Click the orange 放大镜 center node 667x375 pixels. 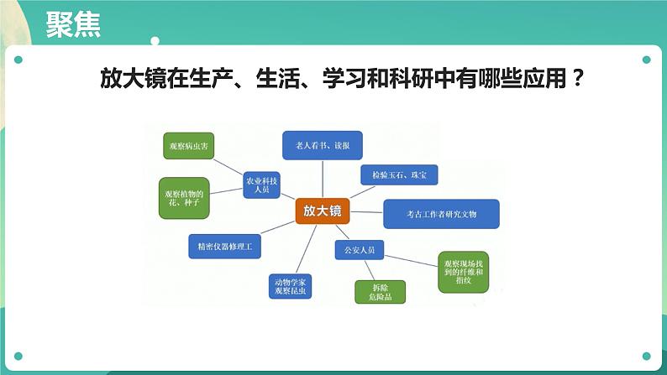tap(323, 211)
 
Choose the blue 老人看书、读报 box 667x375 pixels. tap(323, 145)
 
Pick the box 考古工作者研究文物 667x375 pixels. tap(441, 214)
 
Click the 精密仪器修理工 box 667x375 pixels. tap(225, 247)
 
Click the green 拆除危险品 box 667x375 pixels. tap(379, 291)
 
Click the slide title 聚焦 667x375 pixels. tap(73, 25)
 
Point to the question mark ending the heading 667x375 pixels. tap(577, 82)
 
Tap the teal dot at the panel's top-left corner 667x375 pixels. tap(18, 60)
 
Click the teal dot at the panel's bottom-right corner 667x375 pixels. tap(646, 356)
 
